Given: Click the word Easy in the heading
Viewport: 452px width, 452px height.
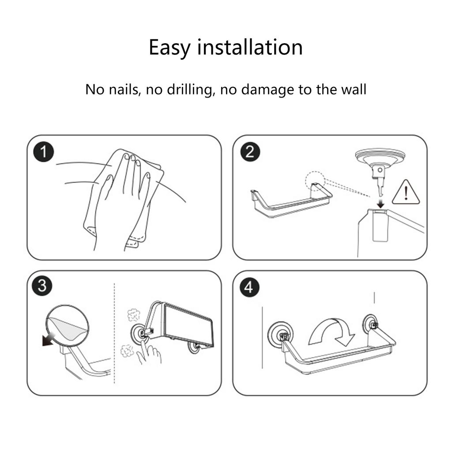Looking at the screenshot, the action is tap(169, 48).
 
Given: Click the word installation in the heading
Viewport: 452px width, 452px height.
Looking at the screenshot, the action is tap(250, 47).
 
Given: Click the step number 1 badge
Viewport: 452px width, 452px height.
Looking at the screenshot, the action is tap(44, 152).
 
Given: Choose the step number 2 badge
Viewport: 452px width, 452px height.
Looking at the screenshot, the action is tap(250, 152).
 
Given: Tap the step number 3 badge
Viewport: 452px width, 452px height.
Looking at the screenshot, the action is tap(42, 286).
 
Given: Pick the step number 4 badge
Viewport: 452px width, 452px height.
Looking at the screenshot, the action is tap(249, 287).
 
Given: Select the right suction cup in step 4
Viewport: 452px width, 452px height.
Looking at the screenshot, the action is tap(370, 324).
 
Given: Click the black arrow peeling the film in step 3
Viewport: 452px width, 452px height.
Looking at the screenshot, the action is tap(49, 339).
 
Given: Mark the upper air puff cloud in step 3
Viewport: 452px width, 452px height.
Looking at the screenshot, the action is tap(134, 315).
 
